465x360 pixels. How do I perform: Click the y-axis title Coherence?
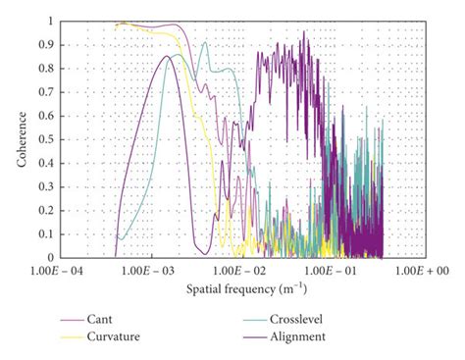tap(21, 138)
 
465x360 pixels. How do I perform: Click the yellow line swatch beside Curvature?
tap(73, 336)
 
